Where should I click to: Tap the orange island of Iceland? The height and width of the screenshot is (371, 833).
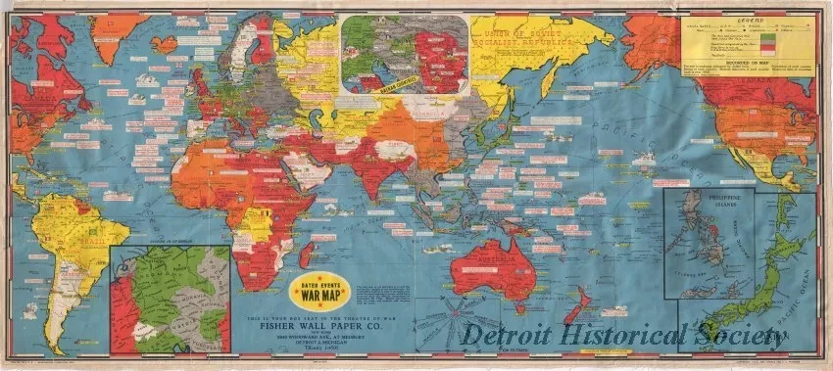[166, 44]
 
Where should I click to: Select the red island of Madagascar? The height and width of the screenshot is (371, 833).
[310, 256]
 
